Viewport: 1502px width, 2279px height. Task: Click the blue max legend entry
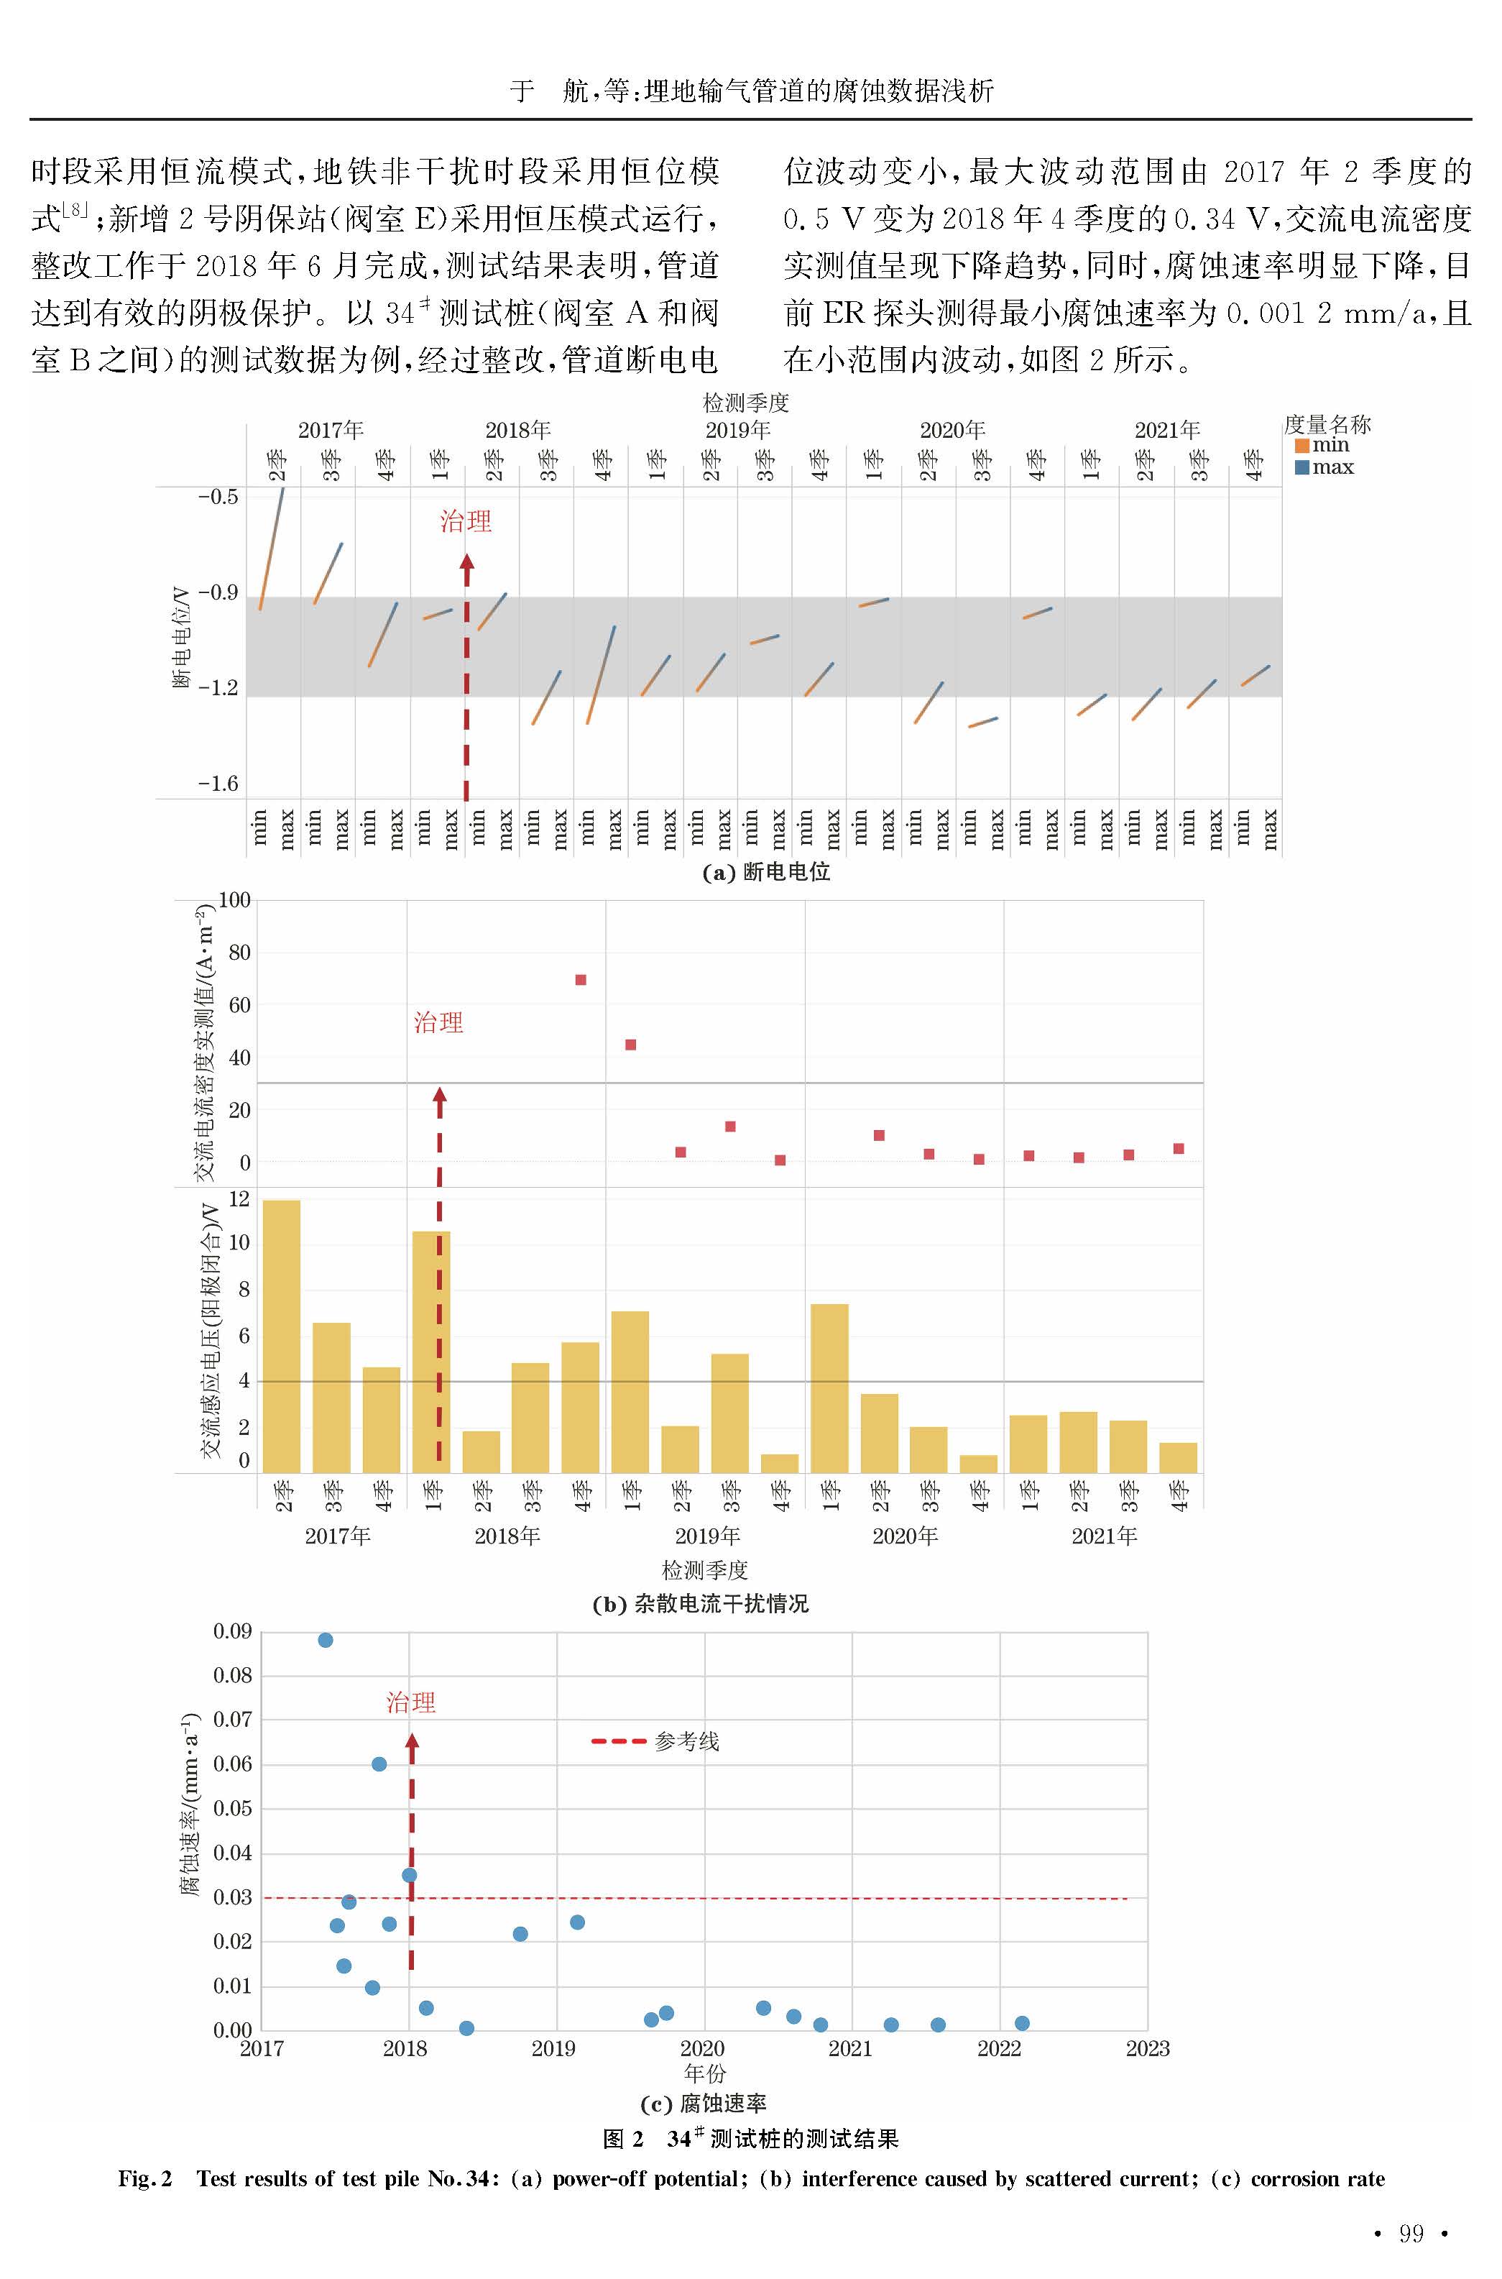coord(1324,467)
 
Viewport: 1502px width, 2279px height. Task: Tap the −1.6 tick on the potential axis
coord(218,784)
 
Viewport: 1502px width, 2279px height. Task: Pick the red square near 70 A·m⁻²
coord(581,980)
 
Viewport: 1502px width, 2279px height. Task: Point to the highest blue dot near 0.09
coord(326,1640)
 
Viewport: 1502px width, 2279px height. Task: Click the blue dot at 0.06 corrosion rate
coord(379,1764)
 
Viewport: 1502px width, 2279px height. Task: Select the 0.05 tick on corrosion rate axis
coord(233,1809)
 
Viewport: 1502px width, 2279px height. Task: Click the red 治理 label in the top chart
coord(466,522)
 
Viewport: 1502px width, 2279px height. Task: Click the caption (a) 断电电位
coord(765,873)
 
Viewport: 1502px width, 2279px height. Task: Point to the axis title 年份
coord(705,2074)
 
